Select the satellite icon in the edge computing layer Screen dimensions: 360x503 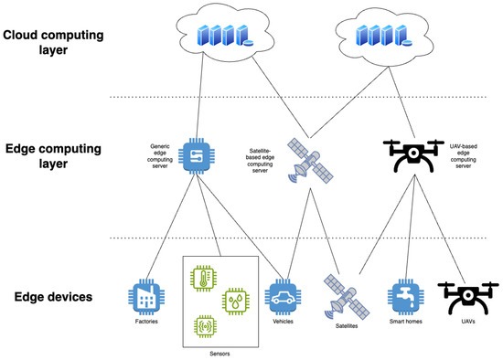pos(308,161)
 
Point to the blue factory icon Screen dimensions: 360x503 pos(143,295)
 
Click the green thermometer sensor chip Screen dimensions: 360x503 pos(205,279)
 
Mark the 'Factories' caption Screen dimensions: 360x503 pos(143,320)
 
